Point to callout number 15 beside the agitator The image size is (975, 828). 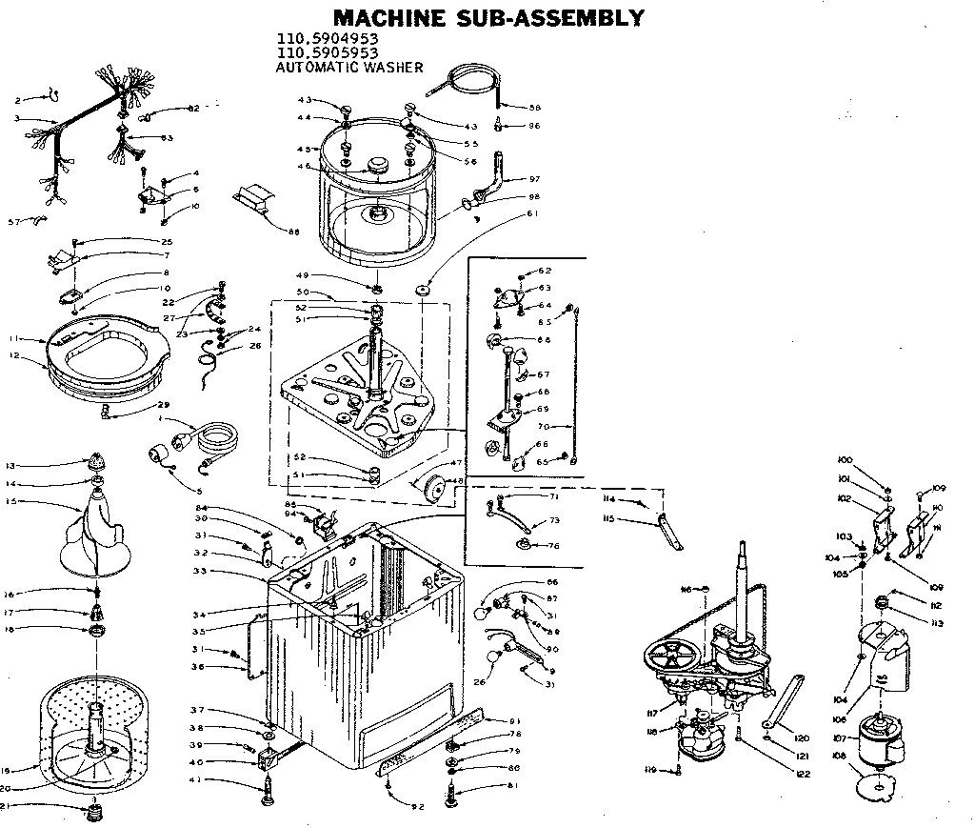10,502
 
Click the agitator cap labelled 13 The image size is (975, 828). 97,464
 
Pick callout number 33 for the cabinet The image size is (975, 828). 201,571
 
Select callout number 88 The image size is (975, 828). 293,231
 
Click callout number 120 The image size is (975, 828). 802,738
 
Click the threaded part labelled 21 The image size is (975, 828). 93,811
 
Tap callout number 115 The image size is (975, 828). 607,519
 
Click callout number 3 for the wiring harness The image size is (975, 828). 16,119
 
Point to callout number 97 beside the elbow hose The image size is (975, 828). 534,179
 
